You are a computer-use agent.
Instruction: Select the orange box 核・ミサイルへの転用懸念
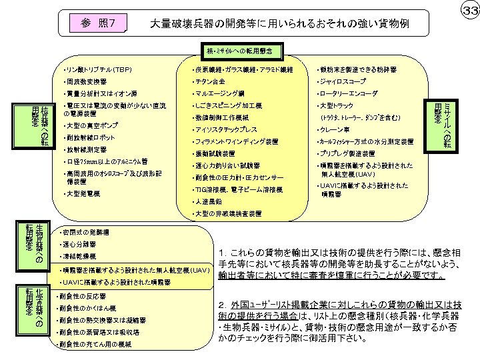(x=240, y=50)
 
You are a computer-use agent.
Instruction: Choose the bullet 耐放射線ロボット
(x=89, y=137)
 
